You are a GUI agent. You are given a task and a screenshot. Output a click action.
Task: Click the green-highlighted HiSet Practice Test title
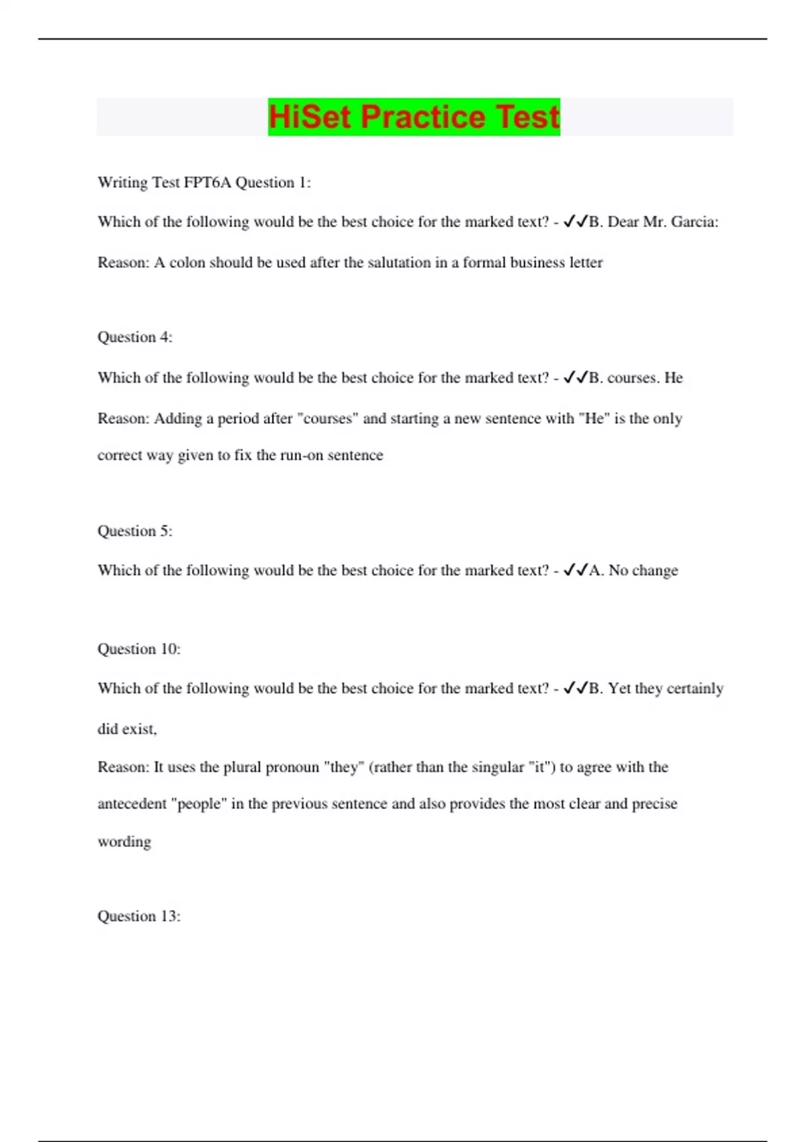click(x=414, y=117)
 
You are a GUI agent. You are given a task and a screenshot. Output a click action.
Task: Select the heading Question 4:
click(x=135, y=337)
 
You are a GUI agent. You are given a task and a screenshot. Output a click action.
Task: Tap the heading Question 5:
click(x=135, y=531)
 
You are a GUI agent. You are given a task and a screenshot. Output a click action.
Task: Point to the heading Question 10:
click(x=139, y=649)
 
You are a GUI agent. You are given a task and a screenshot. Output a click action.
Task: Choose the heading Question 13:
click(x=139, y=916)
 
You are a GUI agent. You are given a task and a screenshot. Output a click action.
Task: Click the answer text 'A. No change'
click(x=633, y=570)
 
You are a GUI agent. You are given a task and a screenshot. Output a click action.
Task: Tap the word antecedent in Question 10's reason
click(x=132, y=804)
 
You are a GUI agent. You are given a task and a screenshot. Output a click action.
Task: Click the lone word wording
click(x=124, y=842)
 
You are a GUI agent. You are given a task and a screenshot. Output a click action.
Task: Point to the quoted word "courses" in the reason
click(x=329, y=419)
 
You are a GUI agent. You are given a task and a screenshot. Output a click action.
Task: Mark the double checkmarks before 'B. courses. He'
click(x=576, y=378)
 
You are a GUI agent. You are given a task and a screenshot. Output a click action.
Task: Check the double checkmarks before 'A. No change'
click(x=576, y=570)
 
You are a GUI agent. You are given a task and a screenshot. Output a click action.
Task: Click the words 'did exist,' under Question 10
click(x=127, y=729)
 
